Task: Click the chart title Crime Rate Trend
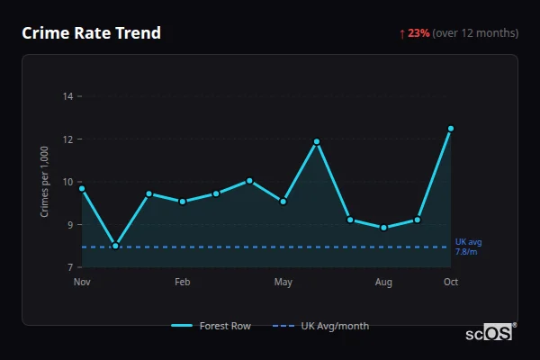click(91, 33)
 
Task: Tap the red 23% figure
click(418, 33)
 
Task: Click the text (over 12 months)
click(475, 33)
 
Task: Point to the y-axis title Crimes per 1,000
click(45, 182)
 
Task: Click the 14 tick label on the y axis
click(67, 95)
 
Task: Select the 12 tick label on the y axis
click(67, 139)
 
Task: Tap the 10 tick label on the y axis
click(67, 182)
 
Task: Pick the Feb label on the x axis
click(183, 283)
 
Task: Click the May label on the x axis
click(283, 283)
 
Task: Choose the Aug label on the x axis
click(383, 283)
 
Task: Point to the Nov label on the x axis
click(82, 283)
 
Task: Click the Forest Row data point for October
click(451, 129)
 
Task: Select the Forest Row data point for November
click(82, 189)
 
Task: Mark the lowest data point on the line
click(115, 245)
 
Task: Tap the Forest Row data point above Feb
click(183, 202)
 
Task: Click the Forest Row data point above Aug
click(384, 228)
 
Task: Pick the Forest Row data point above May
click(283, 202)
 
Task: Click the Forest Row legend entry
click(211, 326)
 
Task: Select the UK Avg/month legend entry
click(321, 326)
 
